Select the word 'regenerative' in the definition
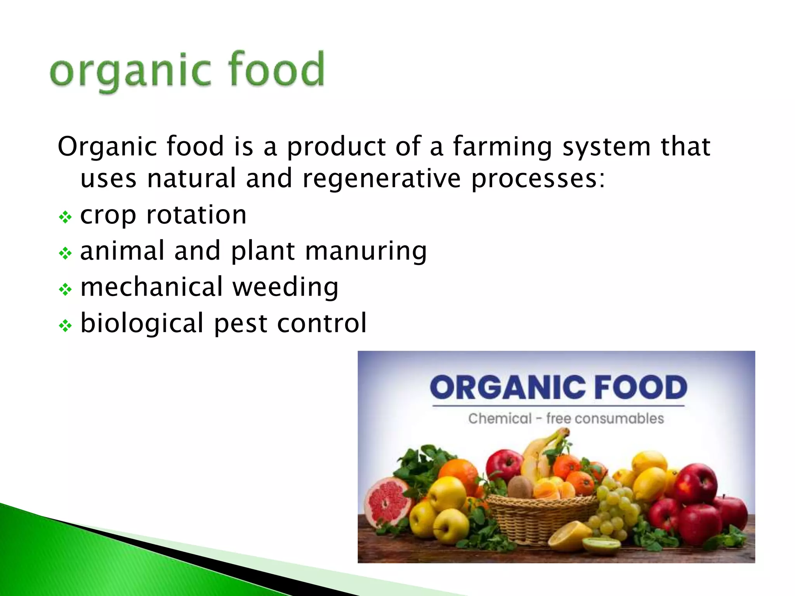click(x=382, y=179)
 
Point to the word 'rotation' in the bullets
click(x=196, y=215)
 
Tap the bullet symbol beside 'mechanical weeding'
click(x=65, y=289)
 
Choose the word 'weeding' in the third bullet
click(x=285, y=288)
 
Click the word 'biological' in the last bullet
click(x=142, y=323)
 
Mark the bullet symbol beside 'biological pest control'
click(x=65, y=326)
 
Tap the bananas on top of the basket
click(x=543, y=446)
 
